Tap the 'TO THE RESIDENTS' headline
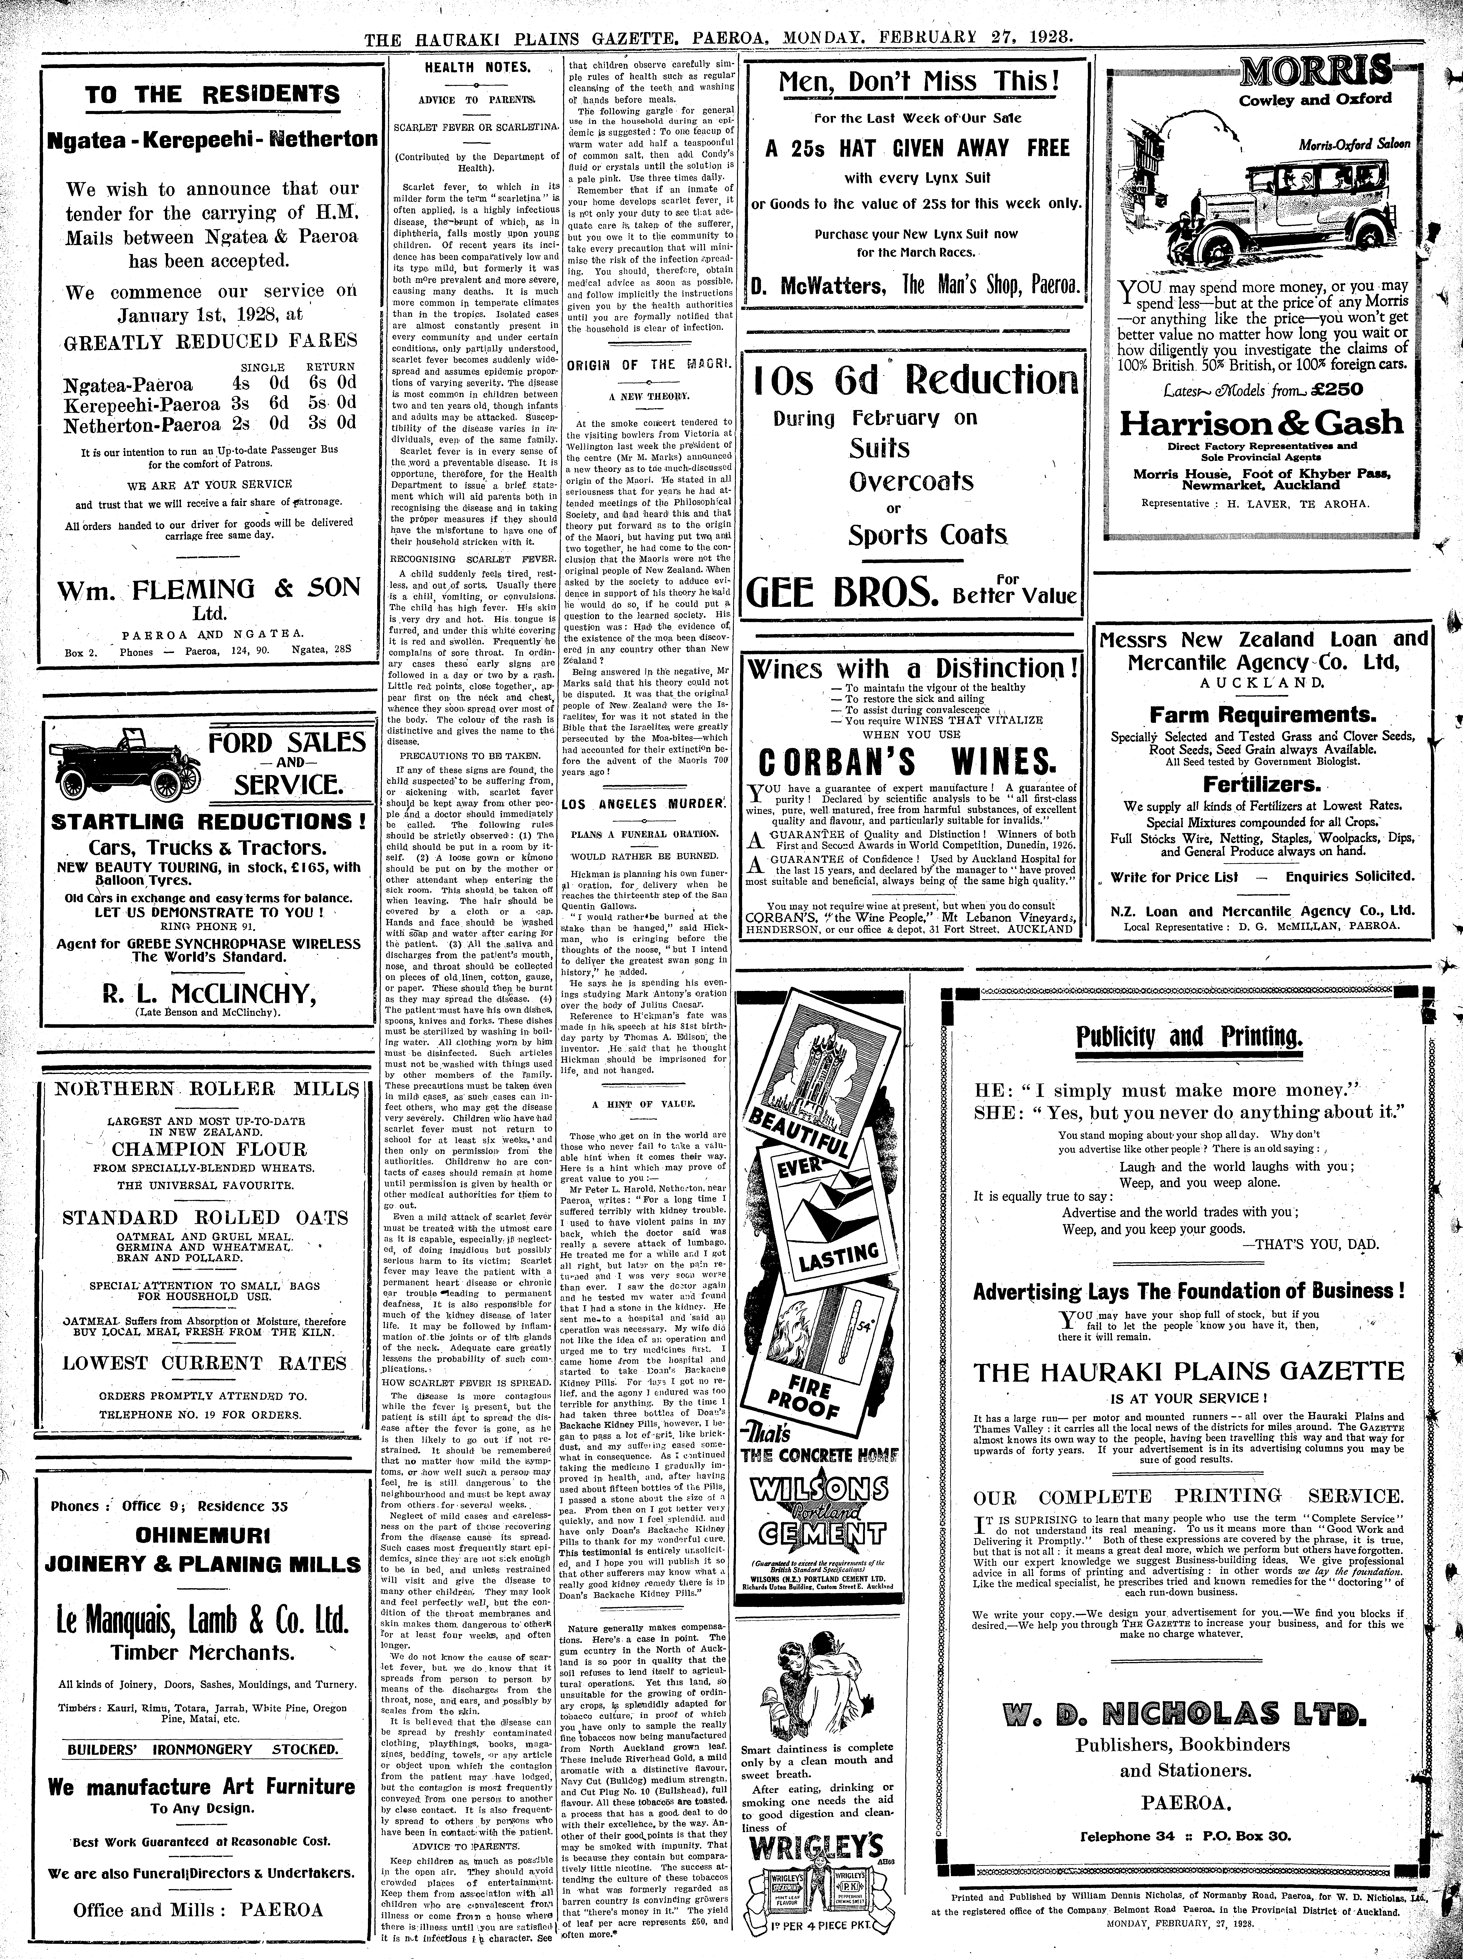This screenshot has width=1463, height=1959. point(212,95)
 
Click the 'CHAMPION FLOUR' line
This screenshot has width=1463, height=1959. point(209,1150)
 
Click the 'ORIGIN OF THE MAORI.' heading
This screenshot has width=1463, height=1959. point(649,365)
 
